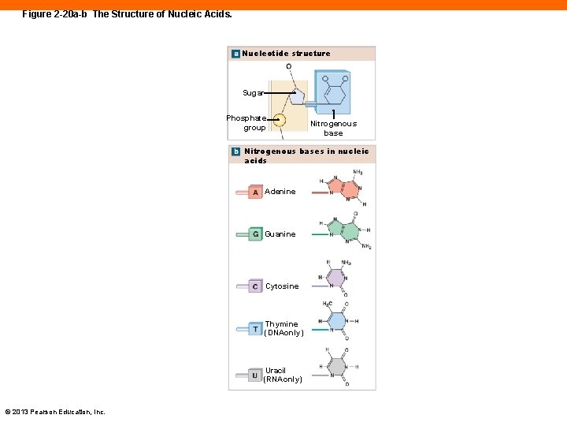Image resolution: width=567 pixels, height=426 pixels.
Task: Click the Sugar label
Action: [x=253, y=93]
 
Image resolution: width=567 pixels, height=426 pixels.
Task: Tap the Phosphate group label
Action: [x=246, y=122]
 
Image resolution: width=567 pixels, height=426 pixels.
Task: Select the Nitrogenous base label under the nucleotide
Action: [x=333, y=128]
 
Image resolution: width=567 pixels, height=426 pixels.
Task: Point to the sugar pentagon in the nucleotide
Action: [x=295, y=95]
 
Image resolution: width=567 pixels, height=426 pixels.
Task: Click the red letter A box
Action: [x=255, y=192]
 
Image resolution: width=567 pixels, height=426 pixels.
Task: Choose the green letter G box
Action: [x=255, y=234]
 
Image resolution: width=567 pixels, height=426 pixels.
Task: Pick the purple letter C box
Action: [x=255, y=286]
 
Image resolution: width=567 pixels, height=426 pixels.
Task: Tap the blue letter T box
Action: [x=255, y=329]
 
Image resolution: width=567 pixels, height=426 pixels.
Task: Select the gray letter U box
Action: [x=255, y=376]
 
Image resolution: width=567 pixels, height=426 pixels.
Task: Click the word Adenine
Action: [x=280, y=192]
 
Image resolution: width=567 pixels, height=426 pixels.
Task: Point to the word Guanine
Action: [x=280, y=234]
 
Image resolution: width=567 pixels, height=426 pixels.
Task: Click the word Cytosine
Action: [x=282, y=286]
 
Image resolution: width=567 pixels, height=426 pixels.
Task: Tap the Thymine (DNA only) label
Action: [x=283, y=328]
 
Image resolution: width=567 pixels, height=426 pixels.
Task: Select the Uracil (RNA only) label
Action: [x=283, y=375]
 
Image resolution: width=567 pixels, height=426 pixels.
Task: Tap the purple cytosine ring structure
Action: [x=336, y=278]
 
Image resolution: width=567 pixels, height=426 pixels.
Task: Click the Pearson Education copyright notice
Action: [x=55, y=412]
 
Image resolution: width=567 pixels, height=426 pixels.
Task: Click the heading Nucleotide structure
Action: [x=287, y=54]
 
